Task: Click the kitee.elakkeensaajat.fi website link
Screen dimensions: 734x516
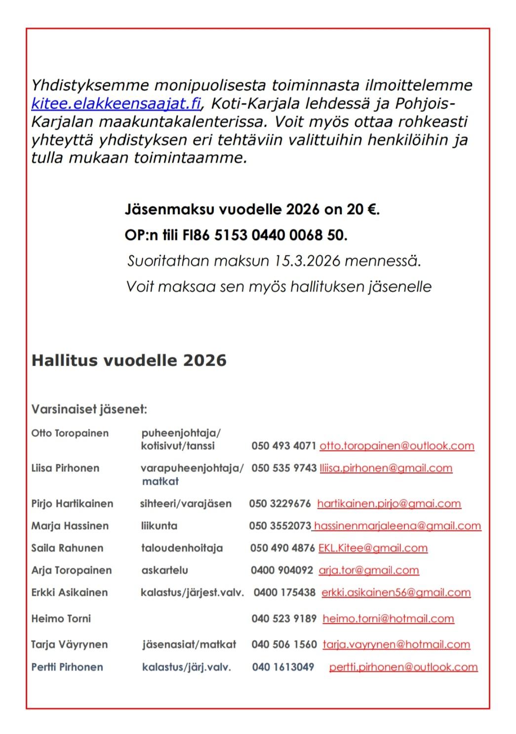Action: click(x=116, y=104)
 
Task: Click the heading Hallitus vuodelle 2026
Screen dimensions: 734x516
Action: click(x=129, y=360)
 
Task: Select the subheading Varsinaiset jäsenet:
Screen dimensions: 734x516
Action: click(x=89, y=409)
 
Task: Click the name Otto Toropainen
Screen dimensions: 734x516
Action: click(x=70, y=433)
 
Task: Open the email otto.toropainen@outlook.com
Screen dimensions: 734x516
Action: click(x=397, y=446)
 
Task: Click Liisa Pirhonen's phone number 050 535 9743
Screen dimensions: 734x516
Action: click(x=283, y=468)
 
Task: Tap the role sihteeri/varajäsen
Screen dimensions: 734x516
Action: click(x=186, y=503)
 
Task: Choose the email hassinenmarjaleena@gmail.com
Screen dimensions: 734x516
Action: click(x=397, y=526)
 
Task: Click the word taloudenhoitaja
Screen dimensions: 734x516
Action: click(x=182, y=548)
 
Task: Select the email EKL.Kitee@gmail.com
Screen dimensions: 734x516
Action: click(x=373, y=548)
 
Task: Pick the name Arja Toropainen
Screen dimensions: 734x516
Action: click(x=72, y=570)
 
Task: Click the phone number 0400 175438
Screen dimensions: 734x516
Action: click(x=284, y=592)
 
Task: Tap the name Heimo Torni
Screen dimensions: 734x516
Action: click(x=61, y=618)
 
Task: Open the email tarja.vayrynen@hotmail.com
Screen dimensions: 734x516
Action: click(x=396, y=644)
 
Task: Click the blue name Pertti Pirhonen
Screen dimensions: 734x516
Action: click(x=67, y=667)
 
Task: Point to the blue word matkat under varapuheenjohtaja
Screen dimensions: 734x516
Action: click(x=160, y=481)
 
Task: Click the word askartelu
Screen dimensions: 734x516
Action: click(x=164, y=570)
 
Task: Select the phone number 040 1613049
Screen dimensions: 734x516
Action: click(x=283, y=667)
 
